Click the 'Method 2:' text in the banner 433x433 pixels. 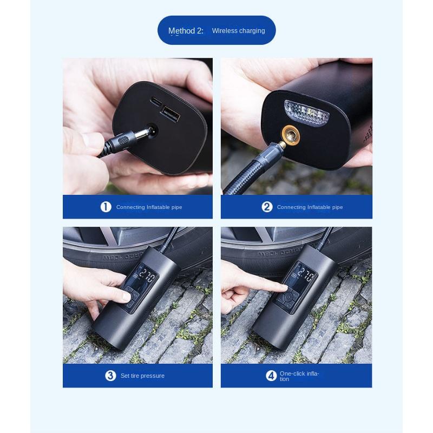click(x=186, y=31)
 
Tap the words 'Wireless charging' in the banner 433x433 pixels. click(x=238, y=31)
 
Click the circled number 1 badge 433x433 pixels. click(x=106, y=207)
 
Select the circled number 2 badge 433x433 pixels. click(x=267, y=207)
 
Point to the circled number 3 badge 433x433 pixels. click(x=110, y=376)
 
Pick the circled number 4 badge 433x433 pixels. click(x=271, y=376)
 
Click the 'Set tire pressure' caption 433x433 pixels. click(x=142, y=376)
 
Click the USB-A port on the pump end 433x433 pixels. click(x=170, y=114)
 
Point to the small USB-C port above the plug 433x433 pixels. click(x=155, y=101)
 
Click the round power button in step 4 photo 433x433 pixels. click(x=288, y=299)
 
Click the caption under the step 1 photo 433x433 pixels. click(x=149, y=207)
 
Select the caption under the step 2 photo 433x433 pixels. click(x=310, y=207)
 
